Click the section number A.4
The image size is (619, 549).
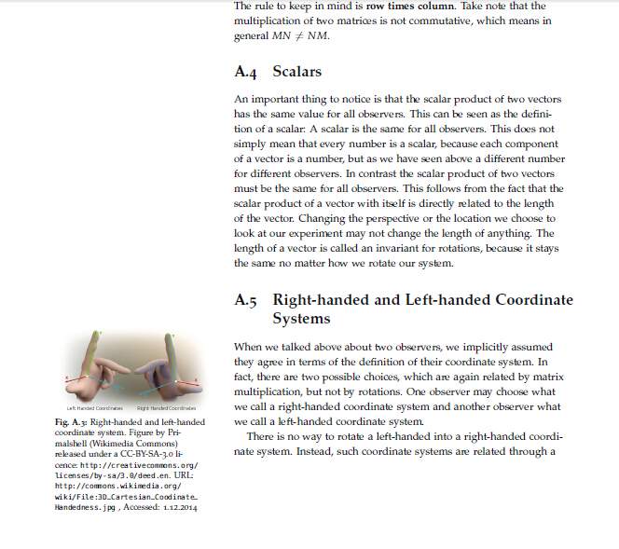coord(246,72)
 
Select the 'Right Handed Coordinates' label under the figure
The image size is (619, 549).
coord(166,408)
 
